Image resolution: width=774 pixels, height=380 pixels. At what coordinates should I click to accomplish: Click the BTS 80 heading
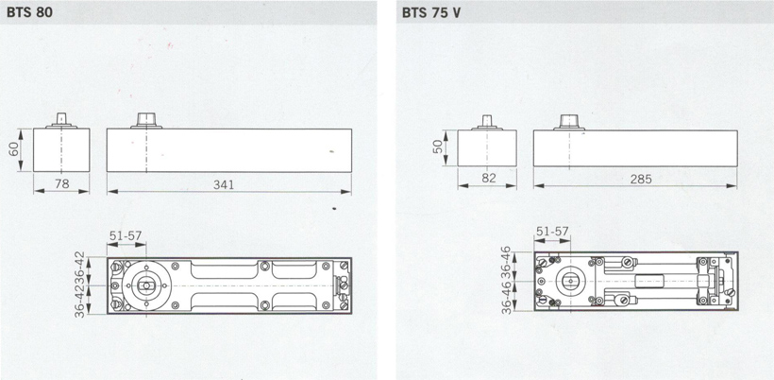point(29,12)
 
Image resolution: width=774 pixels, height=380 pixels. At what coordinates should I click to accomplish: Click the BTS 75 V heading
point(431,12)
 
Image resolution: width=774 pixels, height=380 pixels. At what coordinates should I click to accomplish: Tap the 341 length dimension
point(224,185)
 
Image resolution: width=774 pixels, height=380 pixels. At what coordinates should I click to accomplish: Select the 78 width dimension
point(61,184)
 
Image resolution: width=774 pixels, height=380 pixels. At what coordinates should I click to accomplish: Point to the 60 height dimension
point(14,149)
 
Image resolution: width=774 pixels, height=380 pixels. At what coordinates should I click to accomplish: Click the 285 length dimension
point(641,179)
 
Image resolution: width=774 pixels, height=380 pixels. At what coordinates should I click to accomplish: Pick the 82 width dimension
point(488,179)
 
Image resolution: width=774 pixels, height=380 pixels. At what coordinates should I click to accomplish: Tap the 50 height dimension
point(438,147)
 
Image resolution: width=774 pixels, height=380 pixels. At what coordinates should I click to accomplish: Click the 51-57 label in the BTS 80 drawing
point(126,235)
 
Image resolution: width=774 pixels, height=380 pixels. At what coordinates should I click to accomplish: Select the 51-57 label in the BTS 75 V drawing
point(552,232)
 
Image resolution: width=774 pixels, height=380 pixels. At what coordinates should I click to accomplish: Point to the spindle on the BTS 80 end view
point(61,121)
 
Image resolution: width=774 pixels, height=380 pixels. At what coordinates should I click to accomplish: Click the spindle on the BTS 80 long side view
point(146,121)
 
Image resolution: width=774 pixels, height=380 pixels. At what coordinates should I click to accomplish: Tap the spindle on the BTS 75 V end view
point(487,123)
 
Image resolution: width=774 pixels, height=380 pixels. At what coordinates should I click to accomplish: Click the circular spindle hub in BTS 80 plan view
point(146,285)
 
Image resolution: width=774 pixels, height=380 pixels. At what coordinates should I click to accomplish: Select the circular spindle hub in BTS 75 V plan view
point(570,281)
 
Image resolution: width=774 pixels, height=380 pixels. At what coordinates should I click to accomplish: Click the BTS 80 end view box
point(61,150)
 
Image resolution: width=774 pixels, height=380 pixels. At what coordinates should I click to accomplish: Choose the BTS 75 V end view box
point(487,148)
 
